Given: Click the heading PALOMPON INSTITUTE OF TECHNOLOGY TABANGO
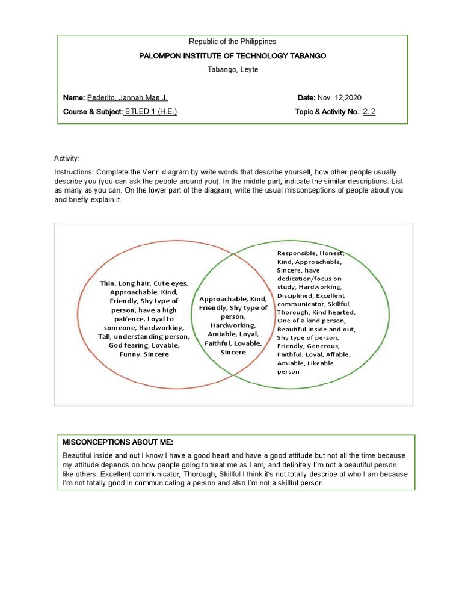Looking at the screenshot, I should pos(232,55).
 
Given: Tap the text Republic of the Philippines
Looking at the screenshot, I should pos(232,42).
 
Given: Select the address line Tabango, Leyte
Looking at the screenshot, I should pos(232,69).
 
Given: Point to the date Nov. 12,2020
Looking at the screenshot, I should pos(339,97).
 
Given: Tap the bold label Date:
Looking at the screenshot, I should pos(307,97).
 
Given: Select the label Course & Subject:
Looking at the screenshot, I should pos(93,111).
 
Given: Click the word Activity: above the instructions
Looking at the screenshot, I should pos(67,158).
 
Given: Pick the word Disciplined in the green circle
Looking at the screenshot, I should pos(295,295).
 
